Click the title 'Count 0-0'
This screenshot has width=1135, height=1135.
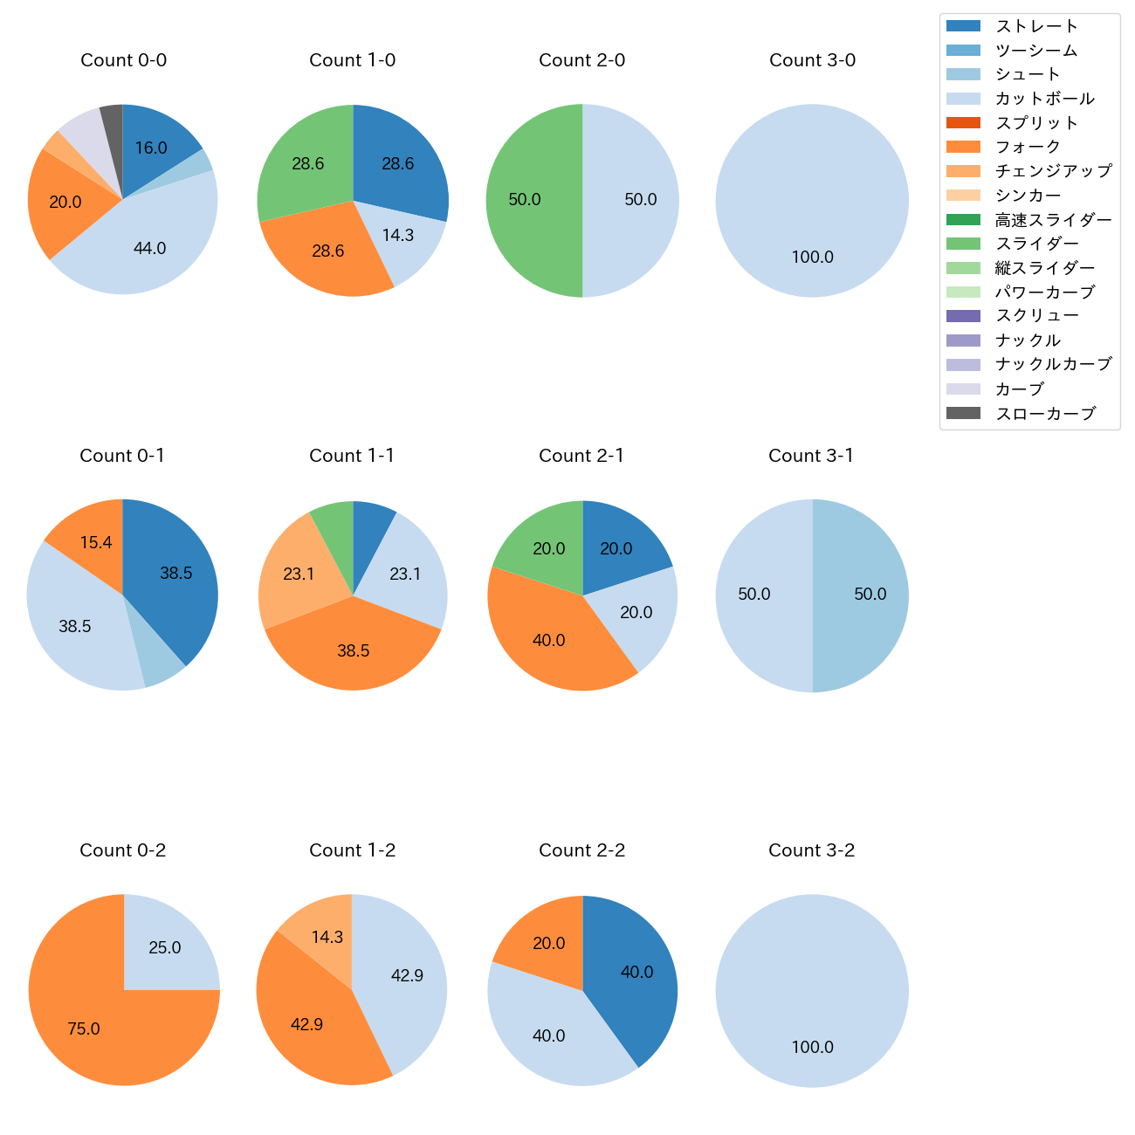(123, 60)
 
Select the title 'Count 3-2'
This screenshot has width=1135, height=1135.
(811, 850)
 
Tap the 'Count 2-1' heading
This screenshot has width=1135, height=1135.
(581, 456)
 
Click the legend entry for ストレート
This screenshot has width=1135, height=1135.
(1036, 26)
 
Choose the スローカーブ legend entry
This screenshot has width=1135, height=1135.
(1044, 414)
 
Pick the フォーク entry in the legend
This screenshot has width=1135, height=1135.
(1028, 147)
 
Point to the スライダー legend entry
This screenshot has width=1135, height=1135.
(1036, 244)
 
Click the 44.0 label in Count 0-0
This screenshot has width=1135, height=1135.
(149, 249)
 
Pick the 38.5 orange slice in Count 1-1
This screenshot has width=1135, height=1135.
(353, 650)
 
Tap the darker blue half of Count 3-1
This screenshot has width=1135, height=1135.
(860, 595)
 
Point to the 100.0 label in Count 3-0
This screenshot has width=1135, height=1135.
(812, 258)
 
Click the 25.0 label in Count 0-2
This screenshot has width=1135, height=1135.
(164, 948)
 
